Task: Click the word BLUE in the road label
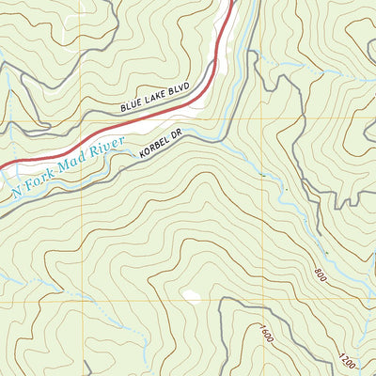click(x=133, y=107)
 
